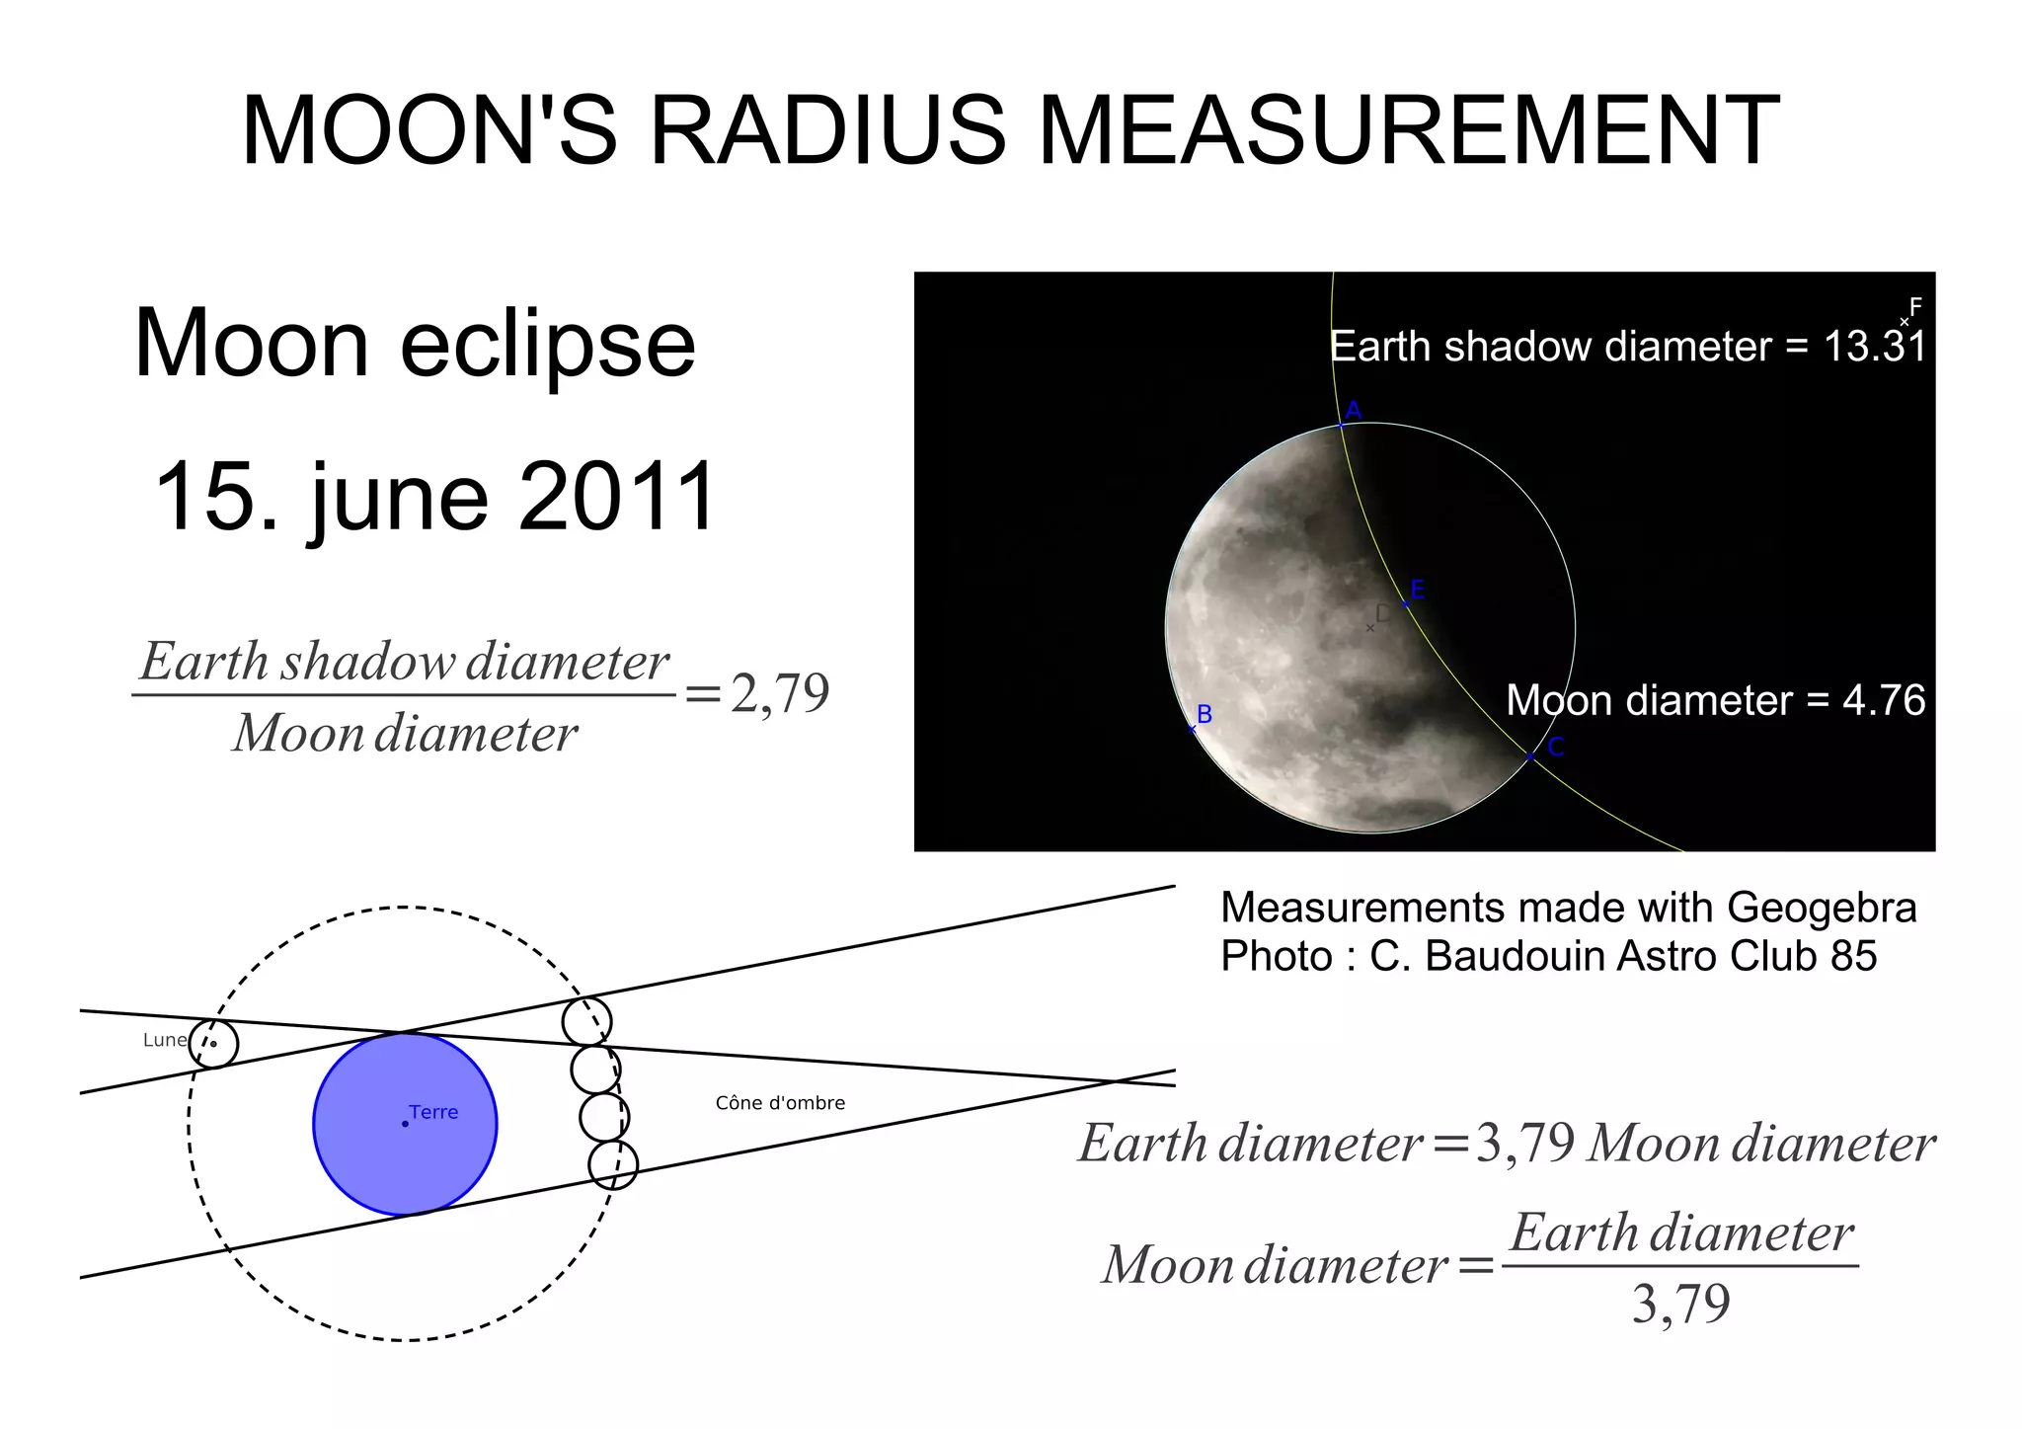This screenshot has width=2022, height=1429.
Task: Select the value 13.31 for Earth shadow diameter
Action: click(1873, 347)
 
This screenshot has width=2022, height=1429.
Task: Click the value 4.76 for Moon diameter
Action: click(1884, 700)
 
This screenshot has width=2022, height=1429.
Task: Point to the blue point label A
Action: click(1354, 410)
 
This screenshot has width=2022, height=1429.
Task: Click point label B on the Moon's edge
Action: click(1205, 714)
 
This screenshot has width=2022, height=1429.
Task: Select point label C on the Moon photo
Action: click(1556, 748)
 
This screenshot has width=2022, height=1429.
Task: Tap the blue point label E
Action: click(1418, 590)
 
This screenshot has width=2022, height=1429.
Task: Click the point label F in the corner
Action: click(1915, 306)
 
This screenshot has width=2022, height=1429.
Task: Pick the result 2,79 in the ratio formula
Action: click(780, 693)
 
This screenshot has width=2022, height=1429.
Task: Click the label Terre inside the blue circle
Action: click(433, 1112)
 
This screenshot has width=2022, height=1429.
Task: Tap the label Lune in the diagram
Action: click(164, 1040)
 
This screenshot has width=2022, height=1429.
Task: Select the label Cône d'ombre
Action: click(780, 1103)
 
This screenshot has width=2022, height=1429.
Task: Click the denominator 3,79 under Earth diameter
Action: click(1680, 1304)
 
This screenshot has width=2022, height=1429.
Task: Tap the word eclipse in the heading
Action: click(548, 344)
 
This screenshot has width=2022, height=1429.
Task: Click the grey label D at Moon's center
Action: click(1382, 613)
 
